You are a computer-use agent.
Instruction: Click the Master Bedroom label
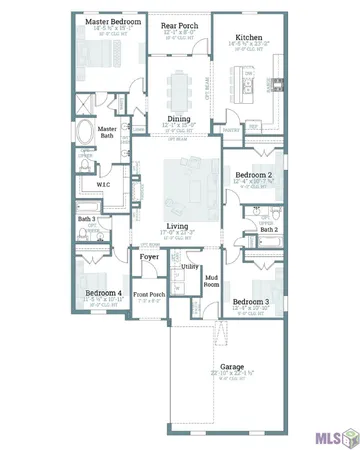111,20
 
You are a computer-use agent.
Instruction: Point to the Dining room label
180,118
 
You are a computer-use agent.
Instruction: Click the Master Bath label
107,132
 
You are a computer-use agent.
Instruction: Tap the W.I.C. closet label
103,185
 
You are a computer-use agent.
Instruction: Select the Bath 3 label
86,218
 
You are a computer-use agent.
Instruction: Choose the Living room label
181,227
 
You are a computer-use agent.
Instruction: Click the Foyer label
150,257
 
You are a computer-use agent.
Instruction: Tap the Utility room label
189,267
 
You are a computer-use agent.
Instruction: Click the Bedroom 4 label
103,293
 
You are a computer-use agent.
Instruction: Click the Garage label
232,367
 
